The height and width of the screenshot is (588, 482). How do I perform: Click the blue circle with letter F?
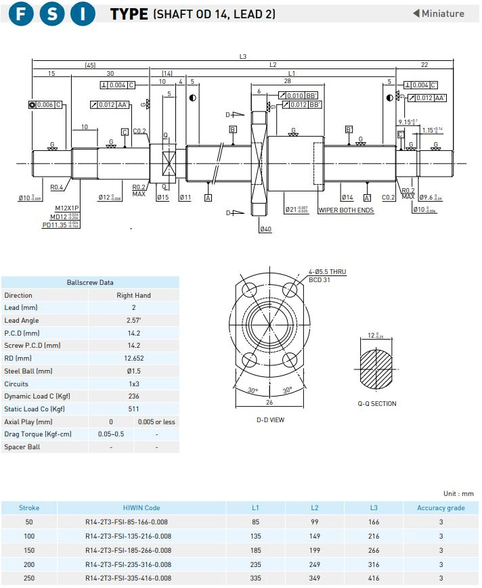[x=23, y=14]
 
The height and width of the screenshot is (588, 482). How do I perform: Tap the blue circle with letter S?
[x=52, y=14]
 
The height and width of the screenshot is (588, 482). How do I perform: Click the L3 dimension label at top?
[x=243, y=56]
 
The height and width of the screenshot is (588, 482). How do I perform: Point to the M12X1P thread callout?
[x=68, y=208]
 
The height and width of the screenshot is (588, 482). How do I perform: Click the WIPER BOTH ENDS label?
[x=346, y=210]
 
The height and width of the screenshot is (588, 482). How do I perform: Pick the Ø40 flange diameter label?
[x=265, y=229]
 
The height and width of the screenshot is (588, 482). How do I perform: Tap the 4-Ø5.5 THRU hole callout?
[x=327, y=272]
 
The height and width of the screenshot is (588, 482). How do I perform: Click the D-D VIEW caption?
[x=270, y=420]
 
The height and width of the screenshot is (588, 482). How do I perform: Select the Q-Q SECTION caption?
[x=377, y=403]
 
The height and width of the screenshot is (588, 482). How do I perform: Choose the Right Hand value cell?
[x=133, y=295]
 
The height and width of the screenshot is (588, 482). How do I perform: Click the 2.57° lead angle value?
[x=133, y=320]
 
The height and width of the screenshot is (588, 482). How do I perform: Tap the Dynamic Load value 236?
[x=133, y=396]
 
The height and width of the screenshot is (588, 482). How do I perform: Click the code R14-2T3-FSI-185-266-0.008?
[x=128, y=550]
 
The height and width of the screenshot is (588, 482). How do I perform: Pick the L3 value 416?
[x=374, y=579]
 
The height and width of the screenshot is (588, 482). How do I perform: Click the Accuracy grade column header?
[x=441, y=507]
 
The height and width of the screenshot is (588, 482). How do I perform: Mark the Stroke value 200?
[x=29, y=564]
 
